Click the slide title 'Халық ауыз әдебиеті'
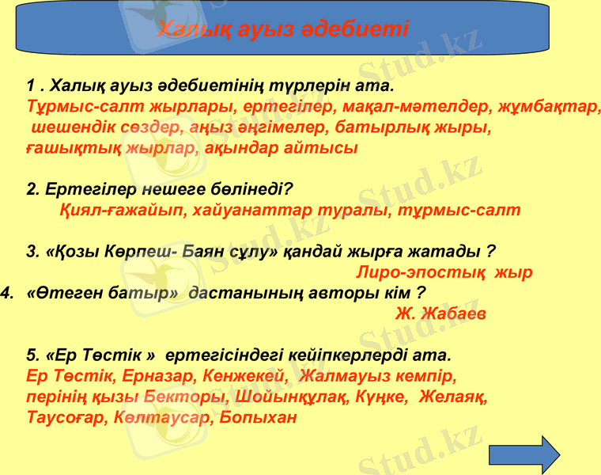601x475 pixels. point(283,29)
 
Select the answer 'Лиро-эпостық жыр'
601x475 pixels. point(444,272)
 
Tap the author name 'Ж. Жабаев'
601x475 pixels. point(440,313)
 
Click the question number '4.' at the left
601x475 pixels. point(9,293)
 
